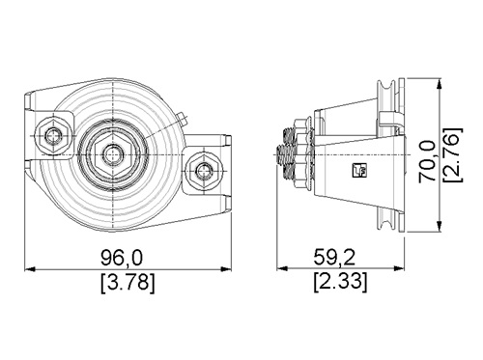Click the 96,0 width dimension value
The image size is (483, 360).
click(122, 258)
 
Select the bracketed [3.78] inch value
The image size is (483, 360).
click(128, 283)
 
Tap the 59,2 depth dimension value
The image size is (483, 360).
click(335, 258)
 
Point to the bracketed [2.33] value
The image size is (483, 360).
click(340, 283)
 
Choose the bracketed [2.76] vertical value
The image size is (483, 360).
click(453, 155)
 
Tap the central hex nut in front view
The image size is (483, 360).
click(113, 154)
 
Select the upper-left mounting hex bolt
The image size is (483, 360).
click(53, 136)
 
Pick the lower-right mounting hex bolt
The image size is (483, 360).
click(204, 170)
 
